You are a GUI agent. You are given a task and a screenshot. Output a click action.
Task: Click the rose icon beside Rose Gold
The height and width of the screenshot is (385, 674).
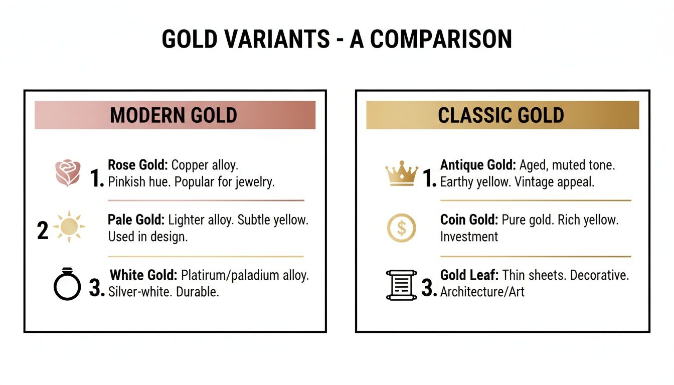(67, 173)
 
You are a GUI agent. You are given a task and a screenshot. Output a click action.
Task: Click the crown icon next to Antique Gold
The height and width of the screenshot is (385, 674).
(402, 173)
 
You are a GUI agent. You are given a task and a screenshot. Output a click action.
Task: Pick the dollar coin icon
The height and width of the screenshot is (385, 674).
(402, 228)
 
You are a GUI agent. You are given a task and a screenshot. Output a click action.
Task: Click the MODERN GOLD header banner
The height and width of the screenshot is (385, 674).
(175, 115)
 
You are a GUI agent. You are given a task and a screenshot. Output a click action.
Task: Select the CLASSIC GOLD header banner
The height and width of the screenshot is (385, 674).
(502, 115)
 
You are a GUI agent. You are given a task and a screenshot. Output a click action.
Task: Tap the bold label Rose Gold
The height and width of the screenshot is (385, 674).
(138, 165)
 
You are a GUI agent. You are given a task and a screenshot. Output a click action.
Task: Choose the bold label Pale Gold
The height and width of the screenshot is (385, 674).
(136, 220)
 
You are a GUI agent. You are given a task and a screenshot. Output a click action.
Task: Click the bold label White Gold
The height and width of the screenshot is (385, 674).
(143, 275)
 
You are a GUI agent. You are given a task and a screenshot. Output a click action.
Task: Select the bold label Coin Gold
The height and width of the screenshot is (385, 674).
(468, 220)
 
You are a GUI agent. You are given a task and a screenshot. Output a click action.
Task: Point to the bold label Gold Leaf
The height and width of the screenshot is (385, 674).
(469, 275)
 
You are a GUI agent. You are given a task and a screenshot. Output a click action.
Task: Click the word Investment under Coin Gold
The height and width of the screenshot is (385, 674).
(469, 237)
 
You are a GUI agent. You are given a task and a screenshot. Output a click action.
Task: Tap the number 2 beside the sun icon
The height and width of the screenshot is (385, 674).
(43, 230)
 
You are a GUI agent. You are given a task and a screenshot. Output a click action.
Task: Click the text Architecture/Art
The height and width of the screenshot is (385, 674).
(482, 292)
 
